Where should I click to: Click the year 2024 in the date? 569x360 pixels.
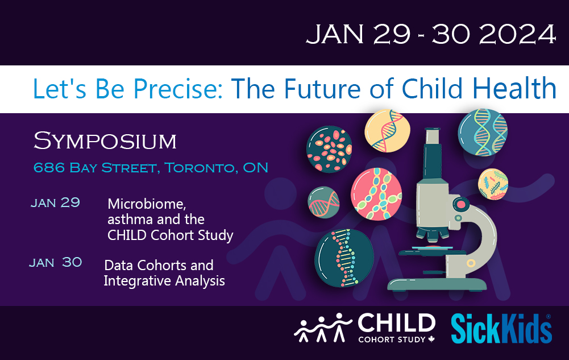518,35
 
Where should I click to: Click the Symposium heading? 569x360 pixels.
105,141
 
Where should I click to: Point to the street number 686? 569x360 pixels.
49,168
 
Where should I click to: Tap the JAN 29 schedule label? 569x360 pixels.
55,202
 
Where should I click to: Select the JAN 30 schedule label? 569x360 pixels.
56,262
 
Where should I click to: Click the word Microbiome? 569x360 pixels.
147,204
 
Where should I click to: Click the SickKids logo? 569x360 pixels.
501,329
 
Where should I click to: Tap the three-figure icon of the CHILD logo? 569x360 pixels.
322,328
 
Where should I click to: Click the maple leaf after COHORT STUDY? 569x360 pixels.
431,340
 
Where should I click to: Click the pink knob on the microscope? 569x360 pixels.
461,204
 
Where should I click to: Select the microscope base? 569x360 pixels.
437,284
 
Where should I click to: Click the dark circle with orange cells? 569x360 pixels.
329,149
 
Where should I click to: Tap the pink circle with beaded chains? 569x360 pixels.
376,194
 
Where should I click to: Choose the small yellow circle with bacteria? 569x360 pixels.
493,184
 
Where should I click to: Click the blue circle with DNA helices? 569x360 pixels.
483,133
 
